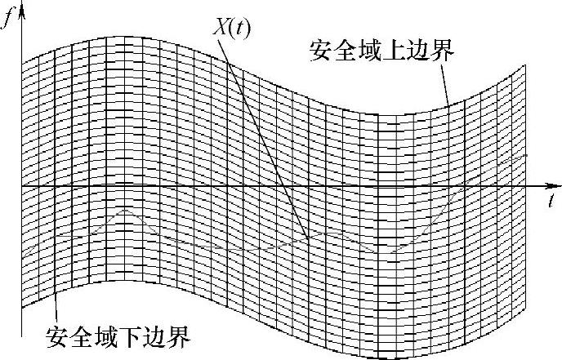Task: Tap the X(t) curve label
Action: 233,26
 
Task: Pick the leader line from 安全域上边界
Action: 446,86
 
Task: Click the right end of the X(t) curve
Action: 528,153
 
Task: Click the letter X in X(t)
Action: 222,26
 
